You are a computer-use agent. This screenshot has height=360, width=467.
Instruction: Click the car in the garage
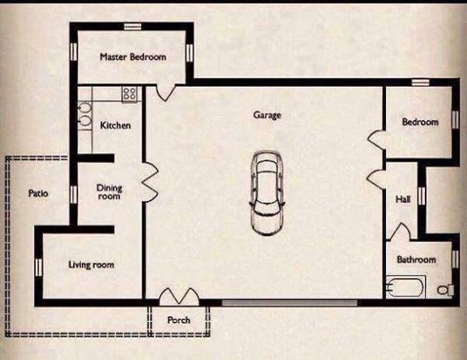267,193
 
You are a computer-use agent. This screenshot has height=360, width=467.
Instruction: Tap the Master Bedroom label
133,58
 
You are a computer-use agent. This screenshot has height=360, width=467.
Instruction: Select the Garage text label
267,116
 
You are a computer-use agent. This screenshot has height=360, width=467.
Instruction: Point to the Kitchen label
115,126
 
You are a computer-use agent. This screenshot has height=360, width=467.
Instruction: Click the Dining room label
109,192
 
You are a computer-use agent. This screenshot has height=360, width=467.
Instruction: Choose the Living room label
91,265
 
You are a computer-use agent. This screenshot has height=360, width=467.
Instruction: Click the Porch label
178,320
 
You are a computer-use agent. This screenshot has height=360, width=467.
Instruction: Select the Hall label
403,199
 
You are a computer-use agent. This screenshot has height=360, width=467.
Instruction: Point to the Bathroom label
416,260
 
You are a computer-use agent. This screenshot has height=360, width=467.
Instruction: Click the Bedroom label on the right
420,122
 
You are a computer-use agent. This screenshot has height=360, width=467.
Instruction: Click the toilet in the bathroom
444,289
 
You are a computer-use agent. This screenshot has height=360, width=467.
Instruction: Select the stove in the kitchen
129,93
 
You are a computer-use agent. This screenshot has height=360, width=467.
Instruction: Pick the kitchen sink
85,117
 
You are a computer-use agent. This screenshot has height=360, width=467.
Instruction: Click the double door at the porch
178,297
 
